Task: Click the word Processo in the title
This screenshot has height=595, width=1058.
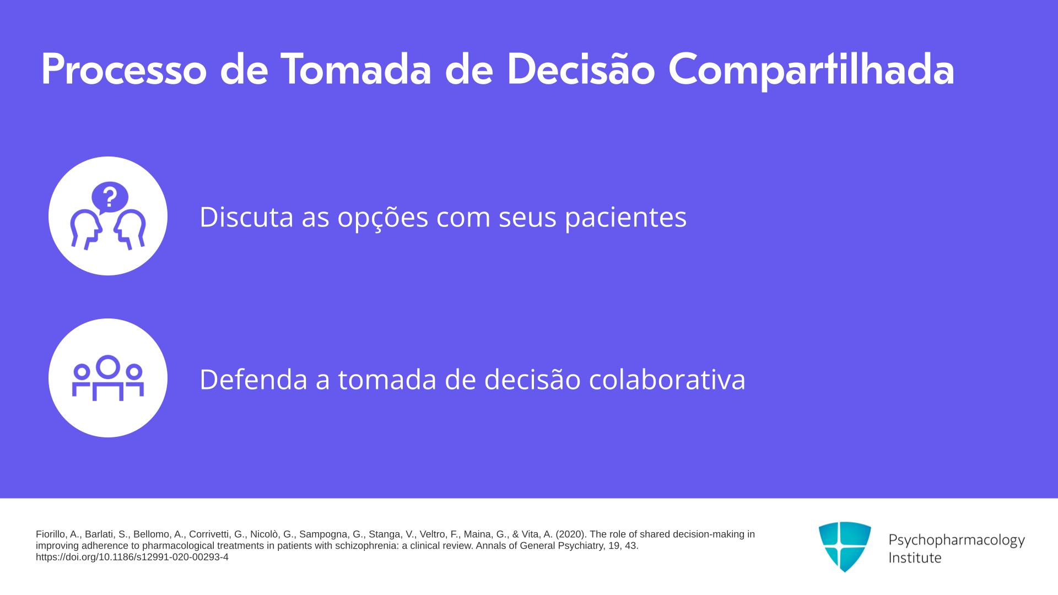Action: pyautogui.click(x=124, y=69)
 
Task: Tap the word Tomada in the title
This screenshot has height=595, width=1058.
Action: pyautogui.click(x=356, y=69)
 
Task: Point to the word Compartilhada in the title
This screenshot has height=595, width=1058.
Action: pyautogui.click(x=811, y=71)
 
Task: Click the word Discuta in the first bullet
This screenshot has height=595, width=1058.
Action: pyautogui.click(x=246, y=217)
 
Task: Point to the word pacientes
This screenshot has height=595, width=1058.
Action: pyautogui.click(x=625, y=218)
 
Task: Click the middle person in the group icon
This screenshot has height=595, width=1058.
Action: pyautogui.click(x=108, y=377)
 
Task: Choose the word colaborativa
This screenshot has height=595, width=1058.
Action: pyautogui.click(x=667, y=379)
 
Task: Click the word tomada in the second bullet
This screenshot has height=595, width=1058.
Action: pyautogui.click(x=387, y=379)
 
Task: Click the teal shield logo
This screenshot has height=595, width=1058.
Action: pyautogui.click(x=845, y=547)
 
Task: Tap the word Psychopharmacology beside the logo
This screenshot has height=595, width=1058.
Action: pyautogui.click(x=957, y=540)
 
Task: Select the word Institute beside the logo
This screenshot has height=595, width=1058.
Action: pyautogui.click(x=915, y=558)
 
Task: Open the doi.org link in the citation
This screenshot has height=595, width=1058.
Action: pyautogui.click(x=132, y=557)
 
